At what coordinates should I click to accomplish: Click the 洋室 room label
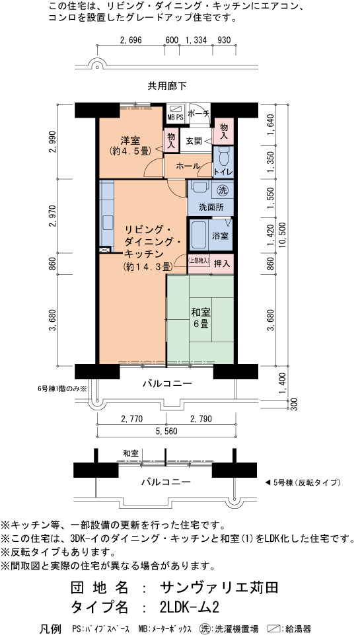(130, 141)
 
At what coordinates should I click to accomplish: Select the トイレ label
(223, 171)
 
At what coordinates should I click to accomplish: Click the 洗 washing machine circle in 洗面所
(222, 189)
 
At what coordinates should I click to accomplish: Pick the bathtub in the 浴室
(200, 236)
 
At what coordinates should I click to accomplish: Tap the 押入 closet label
(222, 263)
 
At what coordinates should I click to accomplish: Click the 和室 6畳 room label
(199, 318)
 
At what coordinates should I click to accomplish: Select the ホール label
(188, 166)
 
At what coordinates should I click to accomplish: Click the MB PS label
(175, 117)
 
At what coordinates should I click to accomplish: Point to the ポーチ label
(198, 113)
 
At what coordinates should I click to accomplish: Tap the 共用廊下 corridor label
(167, 86)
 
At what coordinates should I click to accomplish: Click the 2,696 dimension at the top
(130, 40)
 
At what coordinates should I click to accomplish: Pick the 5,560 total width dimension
(166, 431)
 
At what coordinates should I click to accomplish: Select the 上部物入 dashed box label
(198, 261)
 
